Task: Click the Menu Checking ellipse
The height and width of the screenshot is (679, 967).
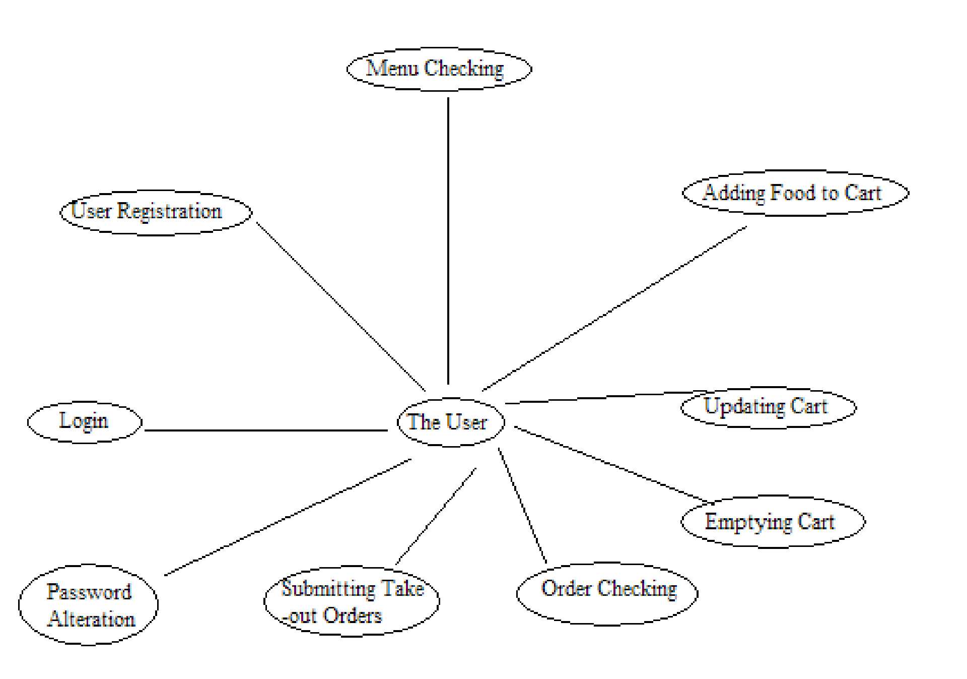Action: coord(439,69)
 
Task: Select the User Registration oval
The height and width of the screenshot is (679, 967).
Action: coord(156,212)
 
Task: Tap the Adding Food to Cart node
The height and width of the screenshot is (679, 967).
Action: coord(795,193)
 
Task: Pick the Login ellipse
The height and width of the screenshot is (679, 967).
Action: coord(84,422)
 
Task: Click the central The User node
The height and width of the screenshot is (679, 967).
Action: coord(450,422)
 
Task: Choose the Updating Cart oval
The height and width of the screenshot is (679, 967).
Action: coord(768,407)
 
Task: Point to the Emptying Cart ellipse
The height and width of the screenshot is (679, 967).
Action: coord(773,522)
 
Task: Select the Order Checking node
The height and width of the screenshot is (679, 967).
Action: coord(607,593)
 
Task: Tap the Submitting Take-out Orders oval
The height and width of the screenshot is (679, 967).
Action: coord(352,601)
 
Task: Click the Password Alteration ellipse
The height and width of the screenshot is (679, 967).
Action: coord(88,604)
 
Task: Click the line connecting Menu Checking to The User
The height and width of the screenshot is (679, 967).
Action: coord(448,242)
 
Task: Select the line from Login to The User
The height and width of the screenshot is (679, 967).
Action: coord(266,430)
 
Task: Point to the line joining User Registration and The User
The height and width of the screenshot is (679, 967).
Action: coord(340,306)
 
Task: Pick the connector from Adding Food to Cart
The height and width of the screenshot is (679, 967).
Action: coord(614,308)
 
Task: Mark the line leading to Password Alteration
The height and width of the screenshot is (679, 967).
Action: coord(288,517)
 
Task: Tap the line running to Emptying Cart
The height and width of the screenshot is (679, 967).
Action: coord(612,465)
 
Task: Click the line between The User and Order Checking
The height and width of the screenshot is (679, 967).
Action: coord(522,505)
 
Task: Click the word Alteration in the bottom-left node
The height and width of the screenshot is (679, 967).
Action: coord(92,620)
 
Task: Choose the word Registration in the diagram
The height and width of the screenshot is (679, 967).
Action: coord(169,212)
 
